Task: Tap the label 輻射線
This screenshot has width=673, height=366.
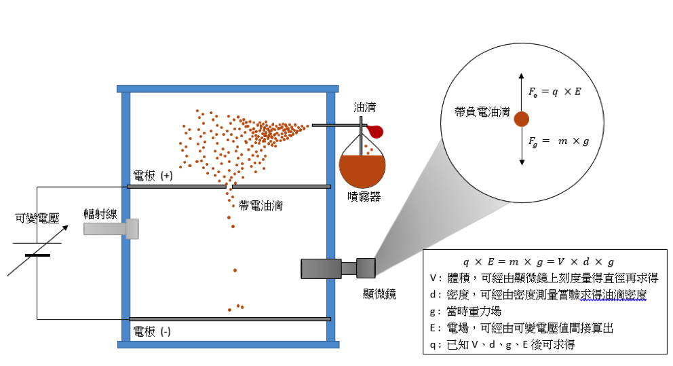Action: click(x=100, y=214)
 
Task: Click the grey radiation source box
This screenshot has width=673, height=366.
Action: click(x=112, y=229)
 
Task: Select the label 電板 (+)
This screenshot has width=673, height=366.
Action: click(x=153, y=176)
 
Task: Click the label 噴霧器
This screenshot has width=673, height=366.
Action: click(x=362, y=198)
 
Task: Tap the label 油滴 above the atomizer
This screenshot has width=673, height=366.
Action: click(x=365, y=107)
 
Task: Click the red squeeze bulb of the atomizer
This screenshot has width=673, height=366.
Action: click(x=374, y=130)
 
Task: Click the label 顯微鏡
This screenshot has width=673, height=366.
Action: click(x=379, y=293)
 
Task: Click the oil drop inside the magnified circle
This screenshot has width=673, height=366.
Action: click(x=521, y=120)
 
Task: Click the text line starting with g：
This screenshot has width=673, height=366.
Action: click(x=467, y=312)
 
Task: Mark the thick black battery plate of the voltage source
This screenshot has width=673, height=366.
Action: click(x=37, y=255)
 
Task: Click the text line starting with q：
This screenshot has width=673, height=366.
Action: click(x=502, y=345)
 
